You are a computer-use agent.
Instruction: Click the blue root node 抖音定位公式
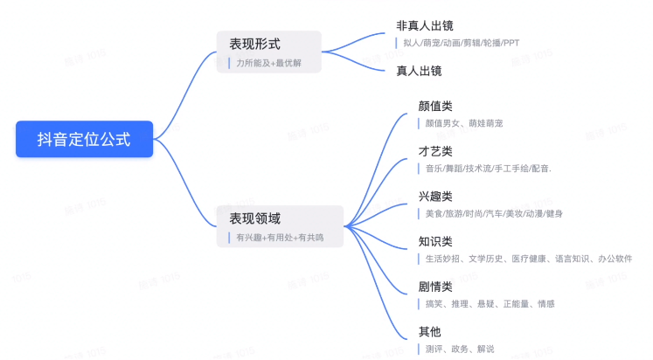click(x=85, y=139)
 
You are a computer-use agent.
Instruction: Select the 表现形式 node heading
click(x=255, y=44)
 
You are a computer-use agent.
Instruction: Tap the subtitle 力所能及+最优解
click(x=268, y=63)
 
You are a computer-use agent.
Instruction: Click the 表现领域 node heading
click(x=255, y=218)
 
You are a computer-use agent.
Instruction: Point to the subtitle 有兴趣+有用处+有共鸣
click(x=280, y=238)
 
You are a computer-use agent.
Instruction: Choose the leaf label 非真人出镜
click(x=424, y=26)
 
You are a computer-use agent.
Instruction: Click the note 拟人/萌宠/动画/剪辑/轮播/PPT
click(x=462, y=43)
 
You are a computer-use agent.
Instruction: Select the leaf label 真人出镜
click(x=419, y=71)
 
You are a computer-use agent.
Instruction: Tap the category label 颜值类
click(x=435, y=106)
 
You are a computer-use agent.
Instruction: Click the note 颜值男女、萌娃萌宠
click(x=464, y=123)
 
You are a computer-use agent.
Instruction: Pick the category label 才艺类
click(x=435, y=151)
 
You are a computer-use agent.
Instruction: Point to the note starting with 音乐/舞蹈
click(x=488, y=169)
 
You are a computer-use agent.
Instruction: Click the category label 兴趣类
click(x=435, y=197)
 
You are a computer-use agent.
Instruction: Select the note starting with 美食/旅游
click(x=494, y=214)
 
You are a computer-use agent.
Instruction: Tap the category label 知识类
click(x=435, y=242)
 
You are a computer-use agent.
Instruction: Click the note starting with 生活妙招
click(x=529, y=259)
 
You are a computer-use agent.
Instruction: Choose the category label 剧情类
click(x=435, y=287)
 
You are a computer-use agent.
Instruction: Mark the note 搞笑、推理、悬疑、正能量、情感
click(x=490, y=304)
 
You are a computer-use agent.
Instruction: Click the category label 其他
click(x=429, y=332)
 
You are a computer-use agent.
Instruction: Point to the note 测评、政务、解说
click(x=460, y=350)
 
